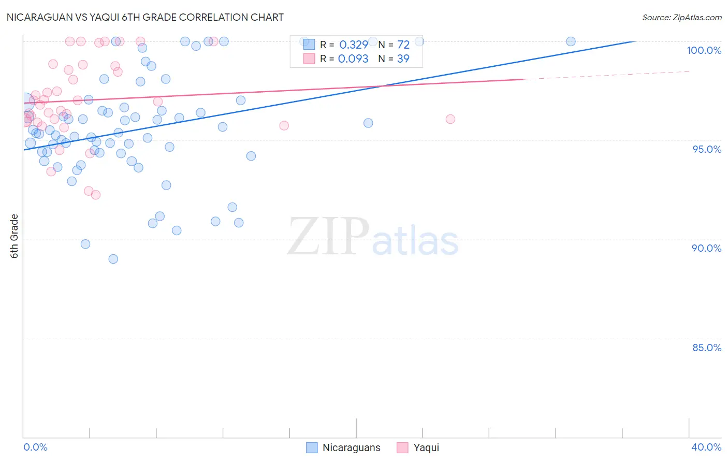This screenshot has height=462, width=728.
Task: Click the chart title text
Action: click(145, 17)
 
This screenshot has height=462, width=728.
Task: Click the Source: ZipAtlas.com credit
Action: click(681, 18)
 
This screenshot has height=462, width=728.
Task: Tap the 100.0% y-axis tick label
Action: click(704, 50)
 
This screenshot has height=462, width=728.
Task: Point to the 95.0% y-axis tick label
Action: click(707, 149)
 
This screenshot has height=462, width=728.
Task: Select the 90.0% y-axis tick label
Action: click(707, 248)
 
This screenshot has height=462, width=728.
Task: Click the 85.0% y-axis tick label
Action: click(707, 348)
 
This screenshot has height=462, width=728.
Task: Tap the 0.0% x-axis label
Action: click(35, 447)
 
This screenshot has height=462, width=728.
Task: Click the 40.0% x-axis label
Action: click(706, 447)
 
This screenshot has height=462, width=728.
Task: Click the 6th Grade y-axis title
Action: click(14, 236)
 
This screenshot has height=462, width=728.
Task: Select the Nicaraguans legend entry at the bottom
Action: click(344, 447)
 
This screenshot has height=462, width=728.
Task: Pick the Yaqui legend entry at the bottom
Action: click(418, 447)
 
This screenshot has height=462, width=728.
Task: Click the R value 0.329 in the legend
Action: click(354, 45)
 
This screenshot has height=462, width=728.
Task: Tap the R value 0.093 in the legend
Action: click(353, 59)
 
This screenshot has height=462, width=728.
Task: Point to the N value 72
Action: click(403, 45)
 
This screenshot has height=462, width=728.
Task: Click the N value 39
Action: click(403, 59)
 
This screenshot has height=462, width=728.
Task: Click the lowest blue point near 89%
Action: click(113, 259)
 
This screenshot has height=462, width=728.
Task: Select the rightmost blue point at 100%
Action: click(571, 41)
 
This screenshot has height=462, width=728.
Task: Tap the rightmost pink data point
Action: click(450, 119)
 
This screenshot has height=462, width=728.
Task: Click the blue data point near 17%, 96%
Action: click(368, 123)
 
